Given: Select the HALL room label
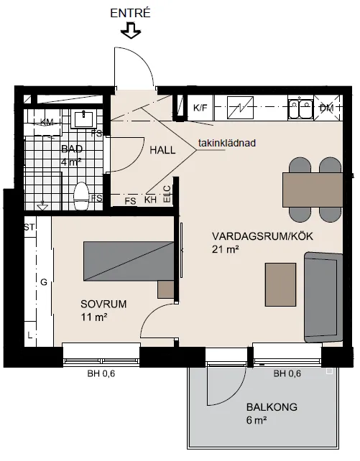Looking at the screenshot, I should click(163, 151).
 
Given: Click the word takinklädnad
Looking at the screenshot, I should click(227, 143).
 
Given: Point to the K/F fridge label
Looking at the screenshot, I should click(200, 108).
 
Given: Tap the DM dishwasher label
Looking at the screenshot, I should click(326, 108).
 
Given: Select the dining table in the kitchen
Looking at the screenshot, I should click(311, 190).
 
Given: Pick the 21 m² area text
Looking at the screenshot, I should click(225, 249).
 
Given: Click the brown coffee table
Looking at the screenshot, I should click(280, 284).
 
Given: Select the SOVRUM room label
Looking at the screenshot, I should click(103, 304).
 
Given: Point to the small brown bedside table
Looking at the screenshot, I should click(166, 289).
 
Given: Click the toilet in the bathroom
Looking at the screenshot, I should click(81, 195).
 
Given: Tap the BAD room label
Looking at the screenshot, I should click(72, 149).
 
